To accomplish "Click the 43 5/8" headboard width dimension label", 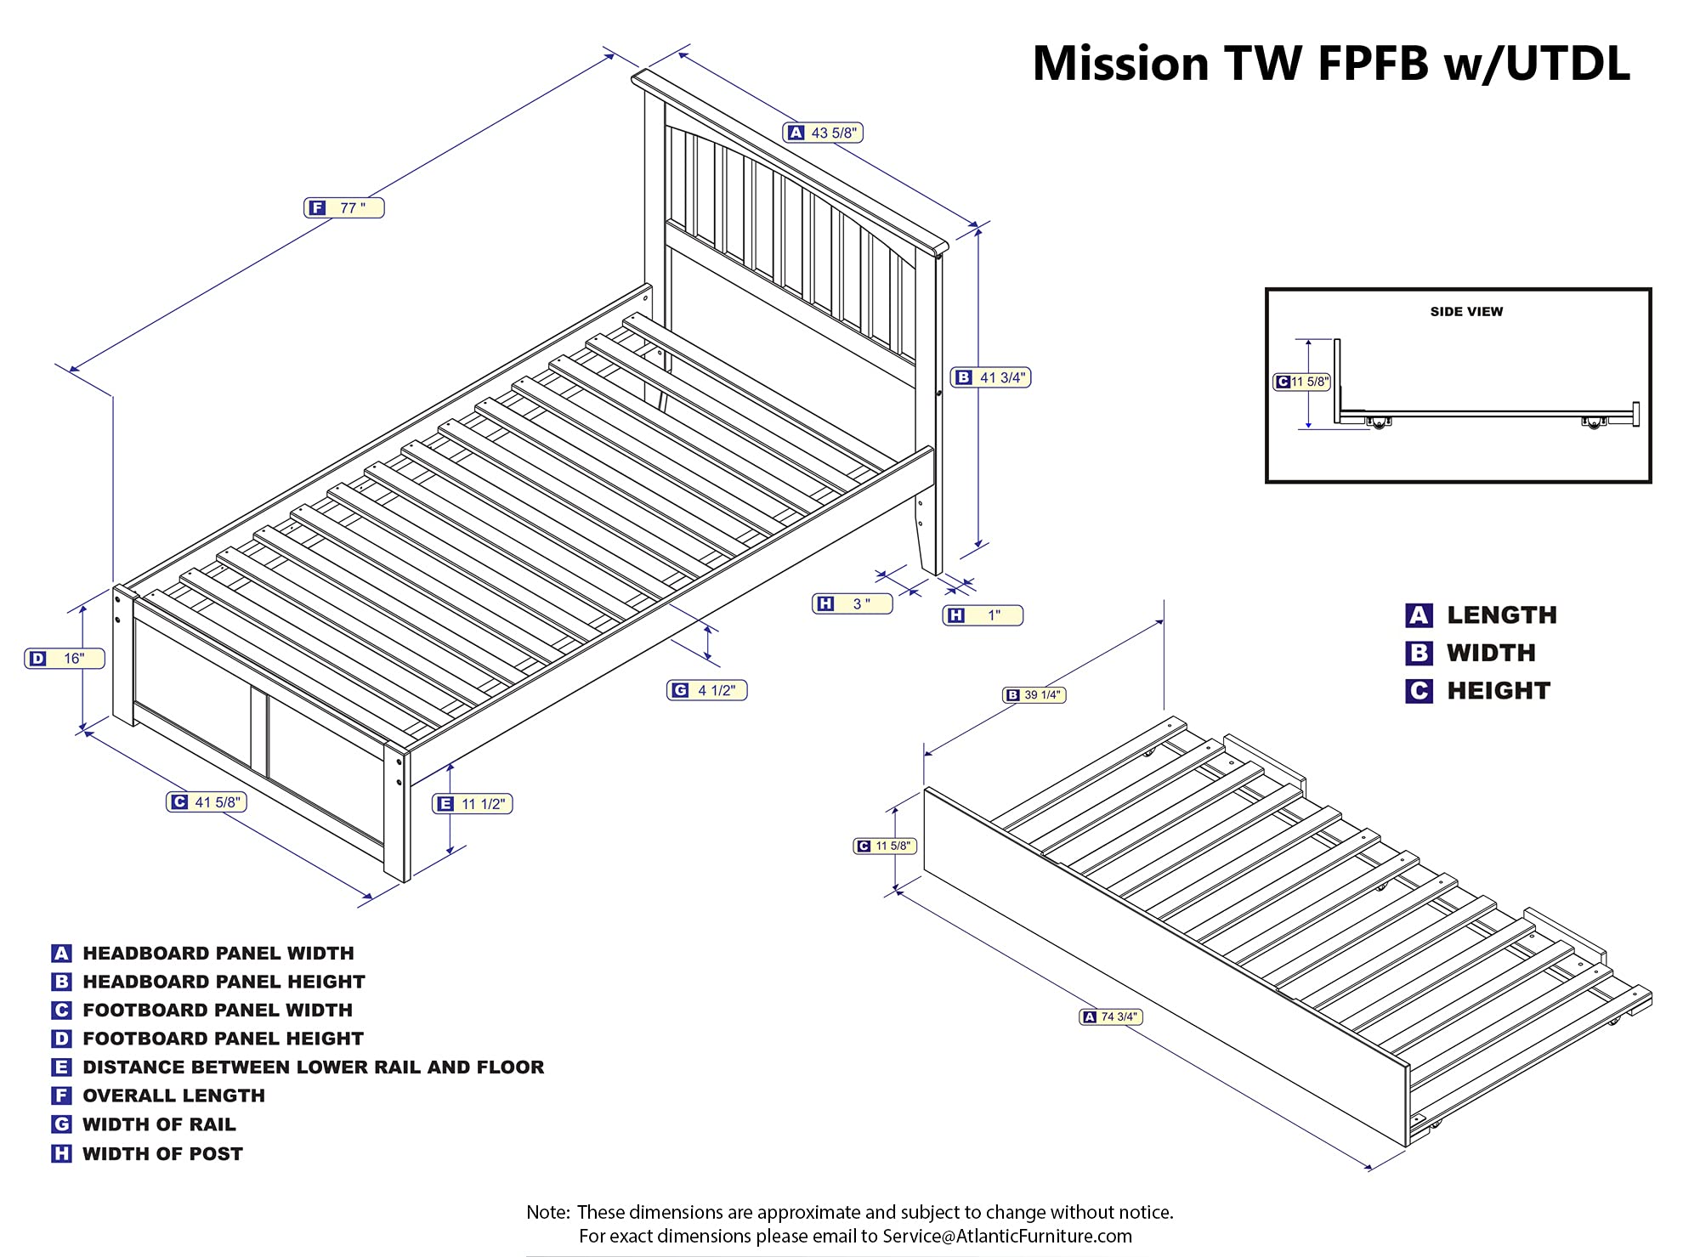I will [x=823, y=133].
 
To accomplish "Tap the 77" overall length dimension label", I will [x=344, y=208].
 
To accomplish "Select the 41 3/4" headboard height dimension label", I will [x=991, y=377].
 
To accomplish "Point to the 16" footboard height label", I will [x=65, y=659].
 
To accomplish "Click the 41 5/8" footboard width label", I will [x=207, y=801].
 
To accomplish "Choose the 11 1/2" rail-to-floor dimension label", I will [x=473, y=804].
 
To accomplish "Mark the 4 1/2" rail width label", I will [x=707, y=690].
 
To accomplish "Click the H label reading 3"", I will [x=853, y=603].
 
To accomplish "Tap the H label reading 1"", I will [x=983, y=615].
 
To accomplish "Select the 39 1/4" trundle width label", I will [x=1034, y=695].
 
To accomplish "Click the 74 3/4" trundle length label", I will [x=1111, y=1016].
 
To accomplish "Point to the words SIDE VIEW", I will [x=1466, y=312].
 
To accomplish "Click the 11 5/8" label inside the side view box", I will [x=1301, y=382].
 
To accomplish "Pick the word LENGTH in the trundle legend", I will [x=1502, y=615].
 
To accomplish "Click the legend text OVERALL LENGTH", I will [x=173, y=1096].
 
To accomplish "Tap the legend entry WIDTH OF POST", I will [x=162, y=1154].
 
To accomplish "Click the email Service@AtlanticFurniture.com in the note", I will [x=1007, y=1236].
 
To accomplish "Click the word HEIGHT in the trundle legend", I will [x=1499, y=691].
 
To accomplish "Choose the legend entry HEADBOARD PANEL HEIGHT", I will [x=224, y=982].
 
